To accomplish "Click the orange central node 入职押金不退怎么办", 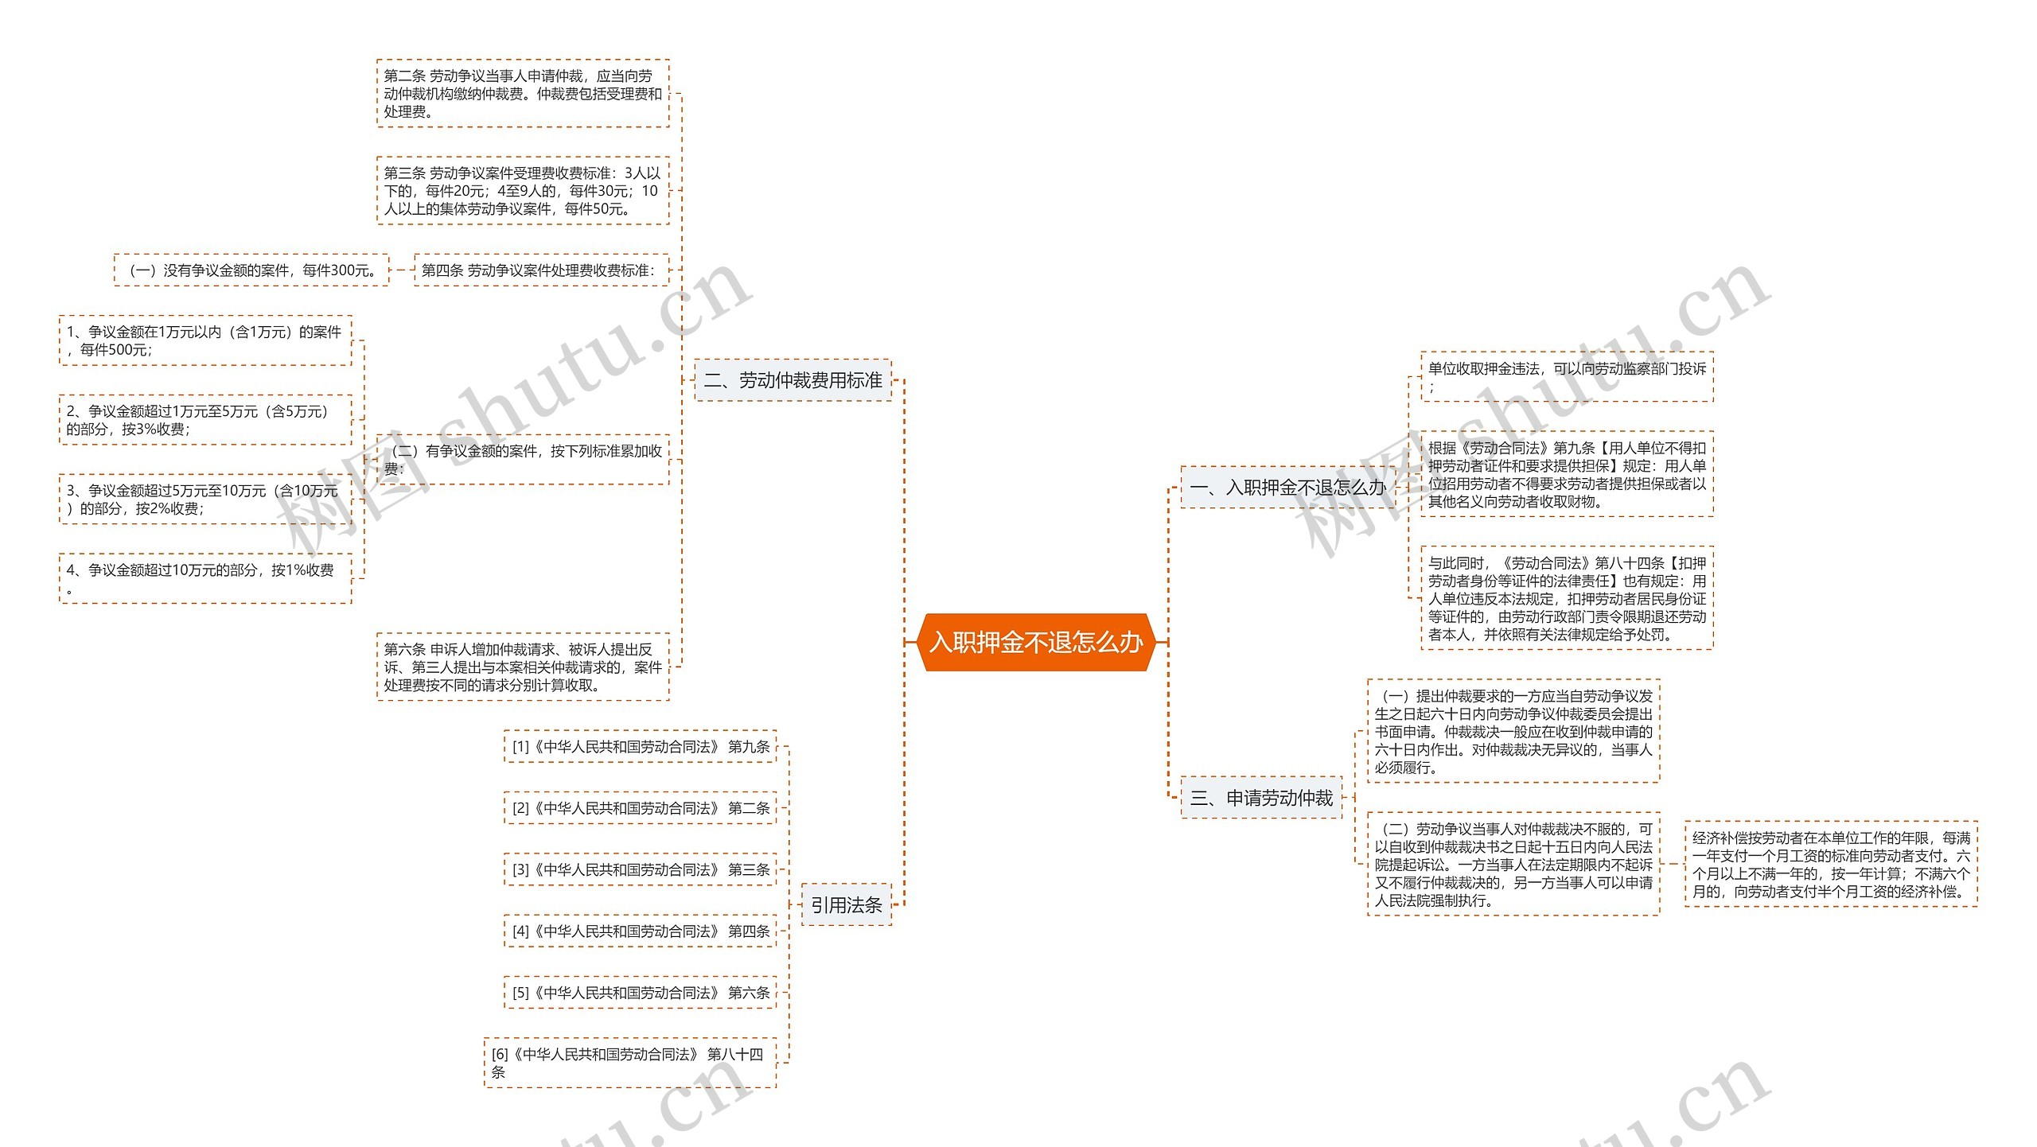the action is [x=1035, y=642].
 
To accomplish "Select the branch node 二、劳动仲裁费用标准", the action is [x=793, y=380].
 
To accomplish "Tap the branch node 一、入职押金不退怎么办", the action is [x=1287, y=487].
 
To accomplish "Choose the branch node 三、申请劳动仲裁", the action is [x=1260, y=798].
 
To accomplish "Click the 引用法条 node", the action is [x=846, y=905].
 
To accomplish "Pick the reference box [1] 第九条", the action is [x=640, y=747].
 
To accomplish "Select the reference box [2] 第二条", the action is [x=640, y=808].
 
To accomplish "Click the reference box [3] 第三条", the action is [x=640, y=870].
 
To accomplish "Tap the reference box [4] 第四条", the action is [x=640, y=931].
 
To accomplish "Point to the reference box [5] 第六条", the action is [x=640, y=993].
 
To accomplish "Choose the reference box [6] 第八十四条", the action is [x=629, y=1063].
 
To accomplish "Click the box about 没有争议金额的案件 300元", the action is [x=251, y=270].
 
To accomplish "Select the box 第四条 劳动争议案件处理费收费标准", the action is [x=541, y=270].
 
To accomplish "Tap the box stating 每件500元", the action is [x=204, y=340].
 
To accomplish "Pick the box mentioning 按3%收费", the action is [x=204, y=420].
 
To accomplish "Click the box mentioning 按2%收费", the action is [x=204, y=500].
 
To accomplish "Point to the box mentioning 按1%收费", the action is [x=204, y=578].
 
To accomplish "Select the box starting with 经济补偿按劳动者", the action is [x=1830, y=865].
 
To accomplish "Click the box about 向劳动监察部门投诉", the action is [x=1566, y=376].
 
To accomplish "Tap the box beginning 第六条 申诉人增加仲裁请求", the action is [x=522, y=667].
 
